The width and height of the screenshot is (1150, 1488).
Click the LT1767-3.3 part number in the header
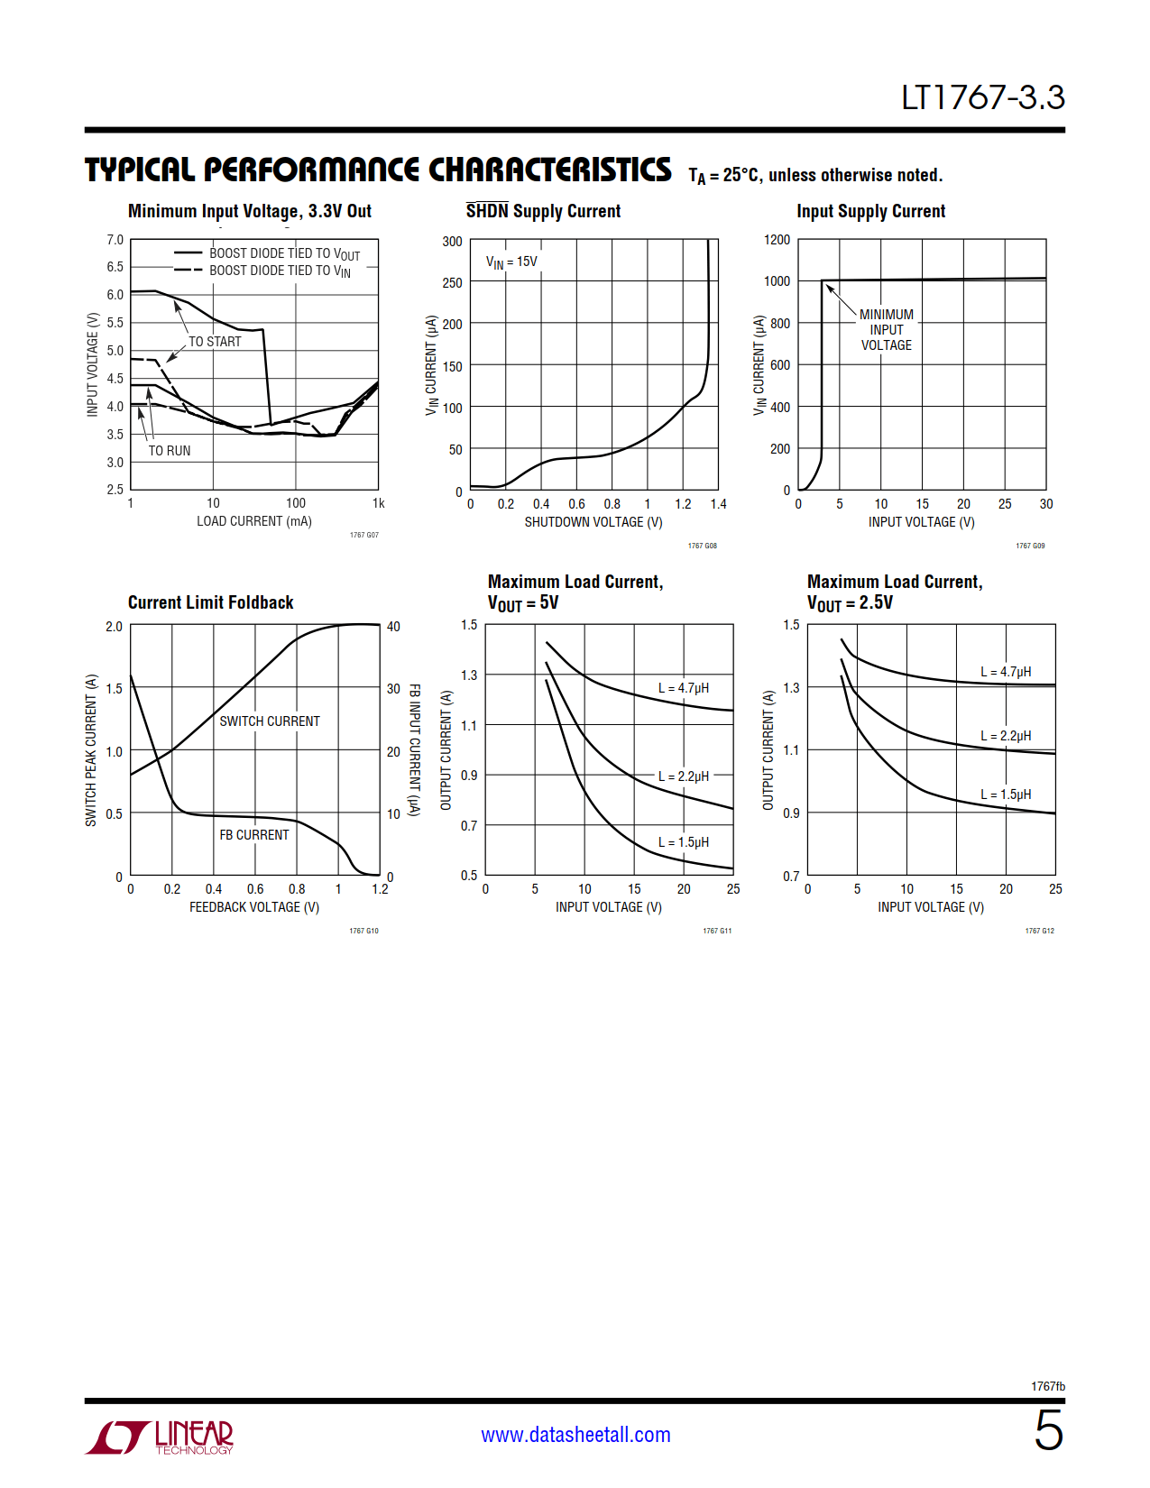click(982, 97)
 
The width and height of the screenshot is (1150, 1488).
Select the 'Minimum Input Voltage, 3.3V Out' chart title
click(249, 211)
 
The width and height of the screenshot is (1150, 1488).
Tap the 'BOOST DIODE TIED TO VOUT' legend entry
click(284, 253)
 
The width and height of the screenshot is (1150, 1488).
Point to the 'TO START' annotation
click(215, 342)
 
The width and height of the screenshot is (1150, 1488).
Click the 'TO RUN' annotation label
click(170, 451)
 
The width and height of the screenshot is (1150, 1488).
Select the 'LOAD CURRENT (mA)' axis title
click(254, 521)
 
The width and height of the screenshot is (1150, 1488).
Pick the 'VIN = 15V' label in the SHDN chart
click(511, 262)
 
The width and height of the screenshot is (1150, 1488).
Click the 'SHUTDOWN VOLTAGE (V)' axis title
click(593, 522)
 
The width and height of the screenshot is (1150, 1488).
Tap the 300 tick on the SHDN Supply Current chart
click(452, 242)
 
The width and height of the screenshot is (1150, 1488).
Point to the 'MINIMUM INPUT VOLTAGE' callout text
click(886, 330)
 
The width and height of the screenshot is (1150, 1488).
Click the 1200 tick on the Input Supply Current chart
click(777, 240)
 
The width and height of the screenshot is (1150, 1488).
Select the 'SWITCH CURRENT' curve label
click(270, 721)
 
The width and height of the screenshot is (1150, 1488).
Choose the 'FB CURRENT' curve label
click(254, 835)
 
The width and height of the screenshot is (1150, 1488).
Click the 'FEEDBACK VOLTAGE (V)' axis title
click(254, 907)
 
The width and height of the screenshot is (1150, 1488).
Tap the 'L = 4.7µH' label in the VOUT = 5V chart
click(683, 688)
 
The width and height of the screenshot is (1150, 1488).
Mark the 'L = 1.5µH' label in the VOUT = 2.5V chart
click(1006, 795)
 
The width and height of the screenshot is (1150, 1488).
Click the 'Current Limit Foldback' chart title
click(210, 602)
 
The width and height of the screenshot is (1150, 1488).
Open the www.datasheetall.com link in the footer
click(575, 1435)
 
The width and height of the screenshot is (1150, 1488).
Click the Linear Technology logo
click(160, 1437)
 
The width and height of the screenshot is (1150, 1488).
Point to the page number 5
click(1048, 1431)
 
